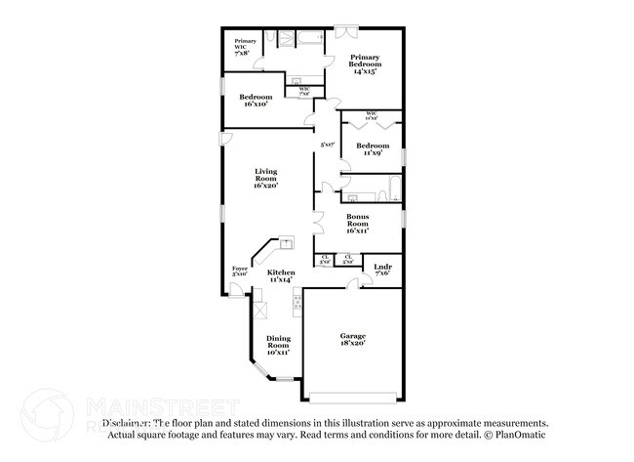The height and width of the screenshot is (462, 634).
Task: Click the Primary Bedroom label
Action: [365, 63]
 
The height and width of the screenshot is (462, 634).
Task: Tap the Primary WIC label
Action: [243, 47]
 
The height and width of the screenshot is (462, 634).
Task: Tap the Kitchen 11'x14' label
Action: [281, 275]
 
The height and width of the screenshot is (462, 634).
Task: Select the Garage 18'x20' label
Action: [352, 340]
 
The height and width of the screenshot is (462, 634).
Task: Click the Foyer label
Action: [239, 271]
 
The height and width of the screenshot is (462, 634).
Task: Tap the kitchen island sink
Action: [287, 240]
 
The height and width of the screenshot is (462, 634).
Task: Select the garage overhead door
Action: [352, 396]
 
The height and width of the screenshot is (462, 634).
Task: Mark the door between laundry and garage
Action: [352, 284]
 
